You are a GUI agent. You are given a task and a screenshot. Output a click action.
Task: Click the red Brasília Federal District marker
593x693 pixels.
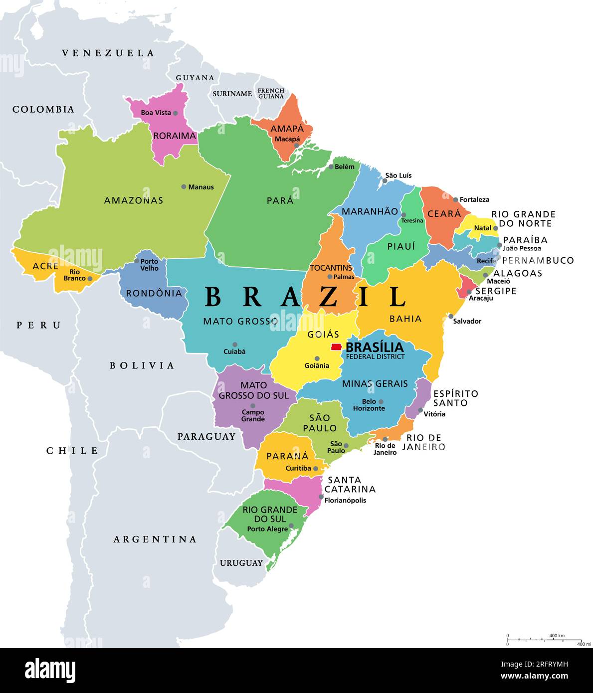tap(336, 347)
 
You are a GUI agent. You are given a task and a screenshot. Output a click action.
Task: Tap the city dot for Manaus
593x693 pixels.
tap(184, 187)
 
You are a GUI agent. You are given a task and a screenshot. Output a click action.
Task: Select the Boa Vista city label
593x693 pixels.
tap(156, 113)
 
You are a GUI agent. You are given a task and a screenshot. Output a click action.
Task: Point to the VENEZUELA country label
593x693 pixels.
tap(108, 53)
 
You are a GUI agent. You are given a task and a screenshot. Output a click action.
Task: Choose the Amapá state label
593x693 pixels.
tap(287, 129)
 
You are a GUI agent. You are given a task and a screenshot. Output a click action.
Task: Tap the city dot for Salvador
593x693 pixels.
tap(451, 316)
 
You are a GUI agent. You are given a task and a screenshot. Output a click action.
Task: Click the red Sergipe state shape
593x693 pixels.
tap(466, 287)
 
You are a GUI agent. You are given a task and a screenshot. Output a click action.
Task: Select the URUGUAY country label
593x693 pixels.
tap(241, 563)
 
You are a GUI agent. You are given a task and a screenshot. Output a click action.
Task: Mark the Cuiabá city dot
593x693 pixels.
tap(235, 345)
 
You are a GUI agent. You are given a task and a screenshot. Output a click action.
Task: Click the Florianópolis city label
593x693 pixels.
tap(345, 500)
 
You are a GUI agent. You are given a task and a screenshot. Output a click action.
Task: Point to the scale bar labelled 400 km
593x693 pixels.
tap(544, 639)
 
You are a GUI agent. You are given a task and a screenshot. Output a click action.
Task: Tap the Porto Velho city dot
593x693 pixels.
tap(137, 261)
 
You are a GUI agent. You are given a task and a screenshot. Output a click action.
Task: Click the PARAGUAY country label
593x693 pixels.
tap(206, 437)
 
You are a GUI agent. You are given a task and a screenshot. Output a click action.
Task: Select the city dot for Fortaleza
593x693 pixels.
tap(455, 199)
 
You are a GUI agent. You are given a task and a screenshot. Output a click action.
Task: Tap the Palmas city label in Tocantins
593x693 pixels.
tap(344, 277)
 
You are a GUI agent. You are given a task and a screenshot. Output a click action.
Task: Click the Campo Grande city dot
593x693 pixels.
tap(253, 406)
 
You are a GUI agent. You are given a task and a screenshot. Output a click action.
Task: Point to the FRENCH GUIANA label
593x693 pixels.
tap(271, 93)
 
